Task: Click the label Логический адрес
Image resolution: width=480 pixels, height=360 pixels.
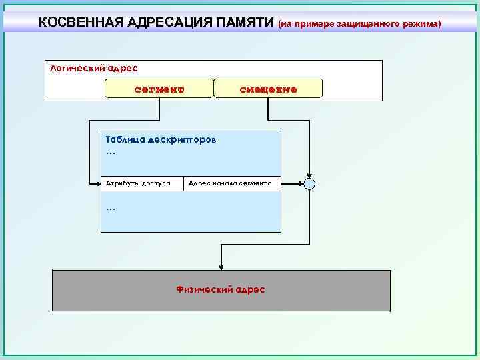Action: [94, 68]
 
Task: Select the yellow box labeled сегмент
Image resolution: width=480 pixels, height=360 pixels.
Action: [159, 89]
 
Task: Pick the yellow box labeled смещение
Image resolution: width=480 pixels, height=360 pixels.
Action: [268, 89]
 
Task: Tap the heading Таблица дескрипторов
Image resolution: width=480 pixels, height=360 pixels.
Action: [161, 141]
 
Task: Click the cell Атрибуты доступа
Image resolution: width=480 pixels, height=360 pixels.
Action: [142, 183]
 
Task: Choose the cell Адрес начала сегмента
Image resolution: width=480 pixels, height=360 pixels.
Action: [231, 183]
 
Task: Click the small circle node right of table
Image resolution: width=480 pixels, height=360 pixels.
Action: [309, 183]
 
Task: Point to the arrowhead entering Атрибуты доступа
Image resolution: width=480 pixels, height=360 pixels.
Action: [97, 183]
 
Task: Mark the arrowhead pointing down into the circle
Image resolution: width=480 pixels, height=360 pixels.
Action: [309, 175]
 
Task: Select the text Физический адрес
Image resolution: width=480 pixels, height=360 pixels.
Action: [221, 289]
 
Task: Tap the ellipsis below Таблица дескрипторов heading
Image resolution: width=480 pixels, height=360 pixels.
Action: [111, 153]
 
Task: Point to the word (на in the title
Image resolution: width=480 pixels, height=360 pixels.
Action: [285, 23]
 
